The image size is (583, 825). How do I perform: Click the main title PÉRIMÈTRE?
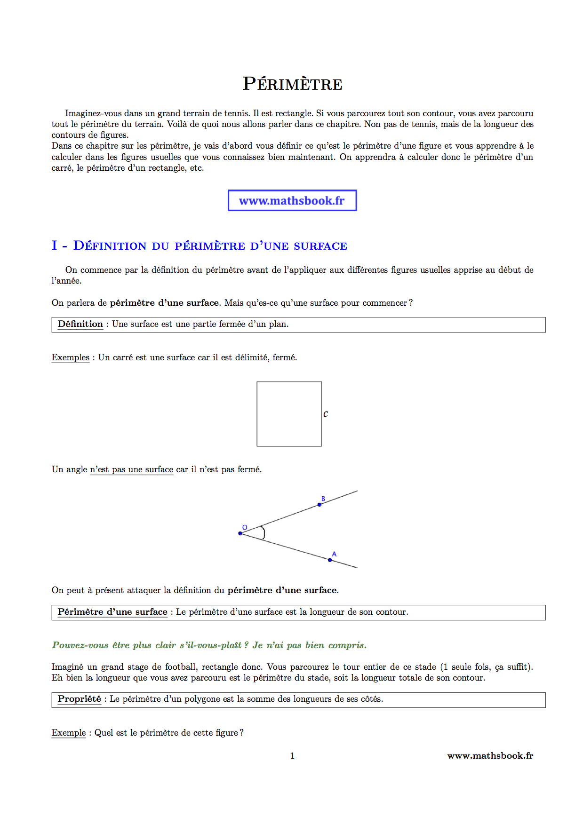[292, 84]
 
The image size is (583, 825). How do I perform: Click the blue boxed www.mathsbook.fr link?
[292, 201]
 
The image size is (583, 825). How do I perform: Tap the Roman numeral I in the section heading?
[55, 246]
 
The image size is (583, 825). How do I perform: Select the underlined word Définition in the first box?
[80, 324]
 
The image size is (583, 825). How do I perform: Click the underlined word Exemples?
[70, 357]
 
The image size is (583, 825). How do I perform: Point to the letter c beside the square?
[325, 414]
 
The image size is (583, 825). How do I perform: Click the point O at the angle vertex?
[240, 533]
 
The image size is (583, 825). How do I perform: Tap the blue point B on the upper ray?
[319, 505]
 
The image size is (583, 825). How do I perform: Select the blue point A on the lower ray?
[330, 560]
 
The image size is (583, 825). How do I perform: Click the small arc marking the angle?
[264, 533]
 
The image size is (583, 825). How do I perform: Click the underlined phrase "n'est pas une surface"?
[132, 469]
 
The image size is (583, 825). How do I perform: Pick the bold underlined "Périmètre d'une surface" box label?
[112, 612]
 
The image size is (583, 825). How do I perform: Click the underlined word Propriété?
[79, 699]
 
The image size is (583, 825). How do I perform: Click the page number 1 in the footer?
[292, 756]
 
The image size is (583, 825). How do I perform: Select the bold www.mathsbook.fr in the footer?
[490, 756]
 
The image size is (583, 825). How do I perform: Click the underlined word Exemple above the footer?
[69, 733]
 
